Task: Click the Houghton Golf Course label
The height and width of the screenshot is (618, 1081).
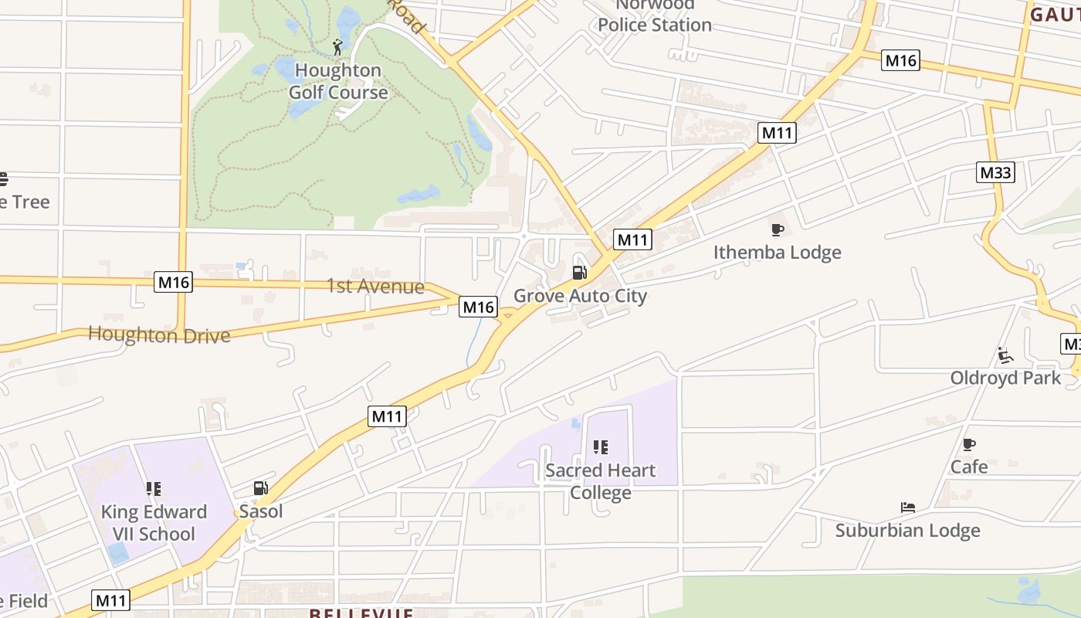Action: [x=338, y=81]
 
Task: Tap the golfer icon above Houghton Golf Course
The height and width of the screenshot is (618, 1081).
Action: [x=337, y=48]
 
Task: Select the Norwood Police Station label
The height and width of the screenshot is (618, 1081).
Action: [x=654, y=16]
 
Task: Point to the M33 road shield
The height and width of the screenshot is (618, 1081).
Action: [x=995, y=172]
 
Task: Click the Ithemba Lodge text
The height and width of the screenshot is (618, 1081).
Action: [x=777, y=253]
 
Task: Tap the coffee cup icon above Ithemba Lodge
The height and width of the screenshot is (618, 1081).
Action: [x=778, y=230]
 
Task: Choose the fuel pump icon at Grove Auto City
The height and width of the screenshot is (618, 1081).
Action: [x=579, y=273]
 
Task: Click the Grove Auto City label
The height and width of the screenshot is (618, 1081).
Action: [x=580, y=296]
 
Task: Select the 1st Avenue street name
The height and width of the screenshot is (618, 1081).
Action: [x=375, y=287]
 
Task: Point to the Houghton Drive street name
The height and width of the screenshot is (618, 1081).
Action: [x=159, y=335]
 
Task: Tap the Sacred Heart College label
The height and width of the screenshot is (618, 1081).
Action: [x=600, y=481]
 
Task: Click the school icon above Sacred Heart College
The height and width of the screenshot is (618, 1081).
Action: [x=600, y=447]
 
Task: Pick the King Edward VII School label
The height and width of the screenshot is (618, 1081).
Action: [x=154, y=523]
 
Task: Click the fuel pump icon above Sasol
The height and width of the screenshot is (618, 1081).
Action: [x=261, y=488]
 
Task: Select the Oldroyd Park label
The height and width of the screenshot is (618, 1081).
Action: [x=1005, y=378]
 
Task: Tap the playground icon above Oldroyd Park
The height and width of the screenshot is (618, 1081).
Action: [x=1005, y=355]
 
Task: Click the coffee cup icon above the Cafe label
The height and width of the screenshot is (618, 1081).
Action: [x=969, y=444]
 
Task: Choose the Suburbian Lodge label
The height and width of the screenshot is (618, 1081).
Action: [x=907, y=531]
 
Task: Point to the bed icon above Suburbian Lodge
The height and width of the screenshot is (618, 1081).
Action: [x=908, y=508]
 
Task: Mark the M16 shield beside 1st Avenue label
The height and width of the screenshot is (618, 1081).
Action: [x=478, y=307]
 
